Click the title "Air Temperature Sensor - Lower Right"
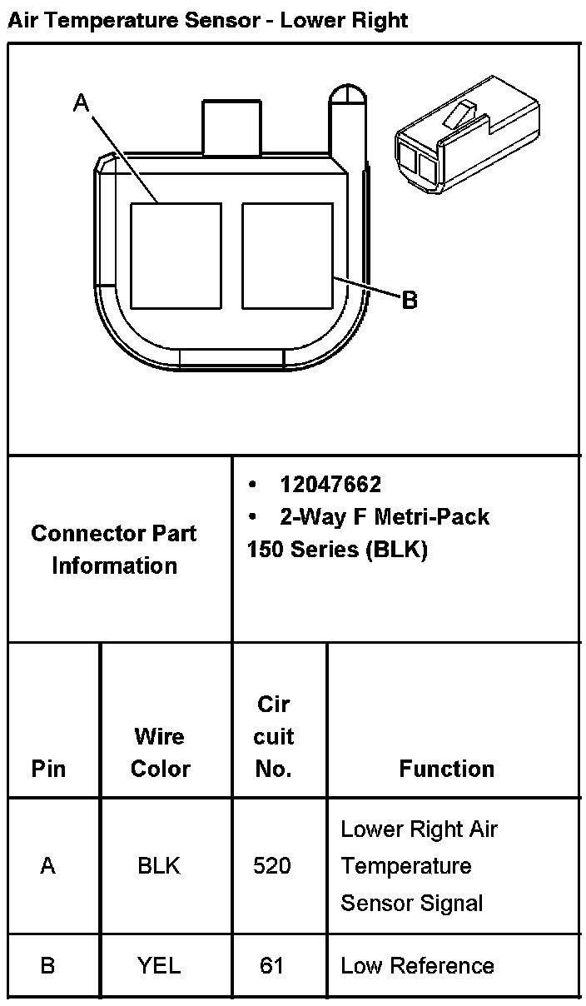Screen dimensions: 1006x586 coord(208,20)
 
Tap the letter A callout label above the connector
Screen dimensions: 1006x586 coord(81,103)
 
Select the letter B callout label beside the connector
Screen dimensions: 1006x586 coord(409,300)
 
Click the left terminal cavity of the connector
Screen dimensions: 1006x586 coord(176,256)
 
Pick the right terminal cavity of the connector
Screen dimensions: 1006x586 coord(287,256)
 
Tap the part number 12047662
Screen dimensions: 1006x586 coord(330,485)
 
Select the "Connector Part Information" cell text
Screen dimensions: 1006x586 coord(115,549)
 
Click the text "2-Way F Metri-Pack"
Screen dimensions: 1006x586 coord(385,517)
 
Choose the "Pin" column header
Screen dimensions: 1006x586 coord(48,768)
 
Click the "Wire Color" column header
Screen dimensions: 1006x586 coord(160,752)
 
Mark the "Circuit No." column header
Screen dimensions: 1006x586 coord(274,736)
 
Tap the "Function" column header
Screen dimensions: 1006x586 coord(446,768)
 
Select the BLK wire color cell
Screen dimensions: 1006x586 coord(158,866)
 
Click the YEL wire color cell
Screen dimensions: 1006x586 coord(158,966)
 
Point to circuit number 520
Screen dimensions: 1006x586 coord(272,866)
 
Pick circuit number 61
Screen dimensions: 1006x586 coord(271,966)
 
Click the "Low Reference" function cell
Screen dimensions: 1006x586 coord(417,966)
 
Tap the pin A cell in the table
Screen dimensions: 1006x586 coord(48,866)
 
